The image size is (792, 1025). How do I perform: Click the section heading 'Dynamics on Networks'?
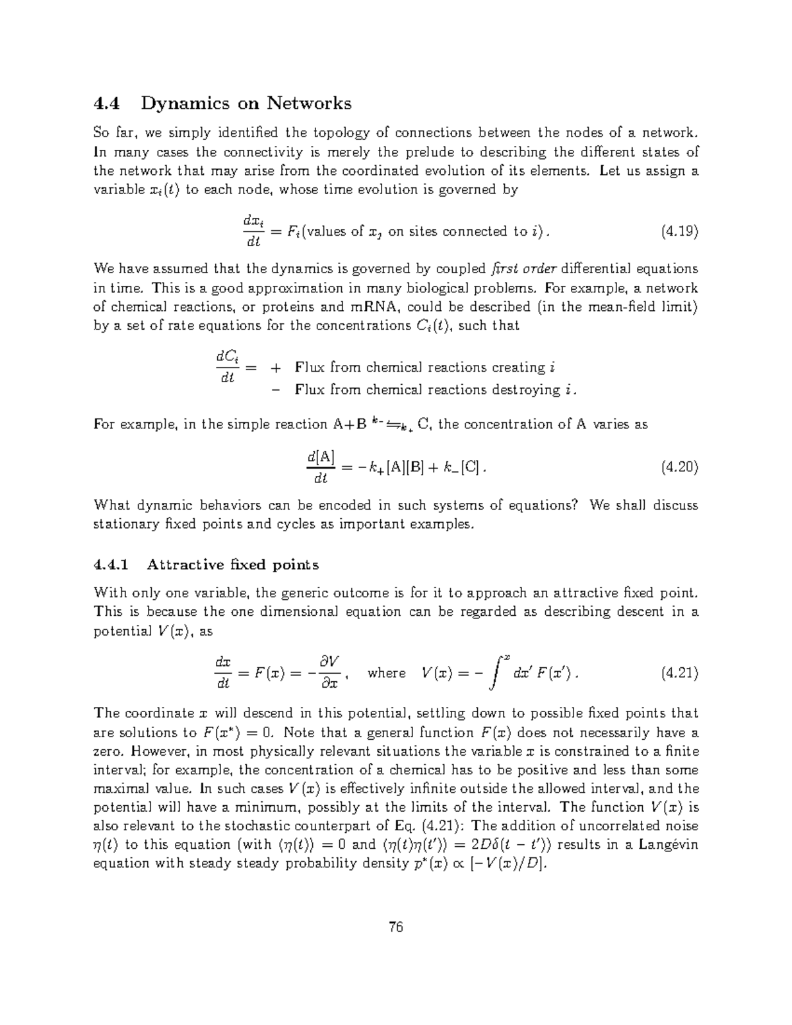[x=246, y=104]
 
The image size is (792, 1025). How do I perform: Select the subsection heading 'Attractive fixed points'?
[x=233, y=564]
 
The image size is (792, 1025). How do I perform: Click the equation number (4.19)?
[x=679, y=232]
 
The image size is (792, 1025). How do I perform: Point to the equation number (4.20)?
[x=679, y=467]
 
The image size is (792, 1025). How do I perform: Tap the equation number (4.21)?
[x=679, y=673]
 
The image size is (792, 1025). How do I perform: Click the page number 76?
[x=396, y=927]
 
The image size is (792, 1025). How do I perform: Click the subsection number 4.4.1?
[x=112, y=564]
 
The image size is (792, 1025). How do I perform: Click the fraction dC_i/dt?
[x=228, y=368]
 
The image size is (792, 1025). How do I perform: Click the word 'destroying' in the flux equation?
[x=528, y=389]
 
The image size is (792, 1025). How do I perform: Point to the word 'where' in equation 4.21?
[x=387, y=673]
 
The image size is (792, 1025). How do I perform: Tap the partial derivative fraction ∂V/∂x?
[x=328, y=673]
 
